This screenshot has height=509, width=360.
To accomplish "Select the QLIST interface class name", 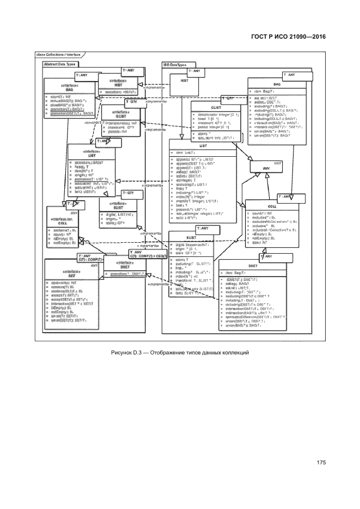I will click(120, 116).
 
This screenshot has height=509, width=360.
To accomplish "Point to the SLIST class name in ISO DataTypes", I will click(191, 237).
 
